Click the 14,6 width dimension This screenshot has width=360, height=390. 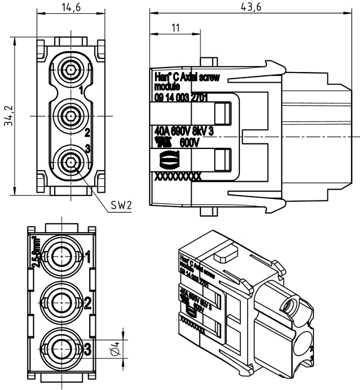coord(71,7)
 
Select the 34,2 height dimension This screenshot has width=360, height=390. coord(8,116)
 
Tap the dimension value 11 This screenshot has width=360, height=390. coord(176,27)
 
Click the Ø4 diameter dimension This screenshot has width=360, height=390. coord(115,349)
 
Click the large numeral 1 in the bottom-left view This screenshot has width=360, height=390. coord(87,256)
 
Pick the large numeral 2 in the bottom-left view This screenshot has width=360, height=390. coord(87,303)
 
